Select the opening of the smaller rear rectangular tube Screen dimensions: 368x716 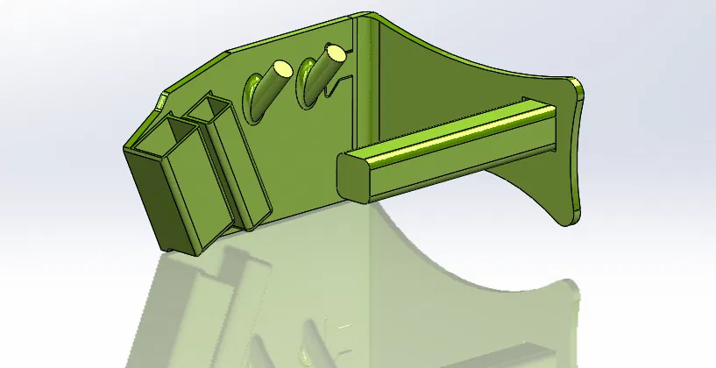pos(208,110)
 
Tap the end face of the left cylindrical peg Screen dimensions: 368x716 pos(281,67)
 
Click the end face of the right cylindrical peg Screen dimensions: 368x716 pos(336,52)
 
